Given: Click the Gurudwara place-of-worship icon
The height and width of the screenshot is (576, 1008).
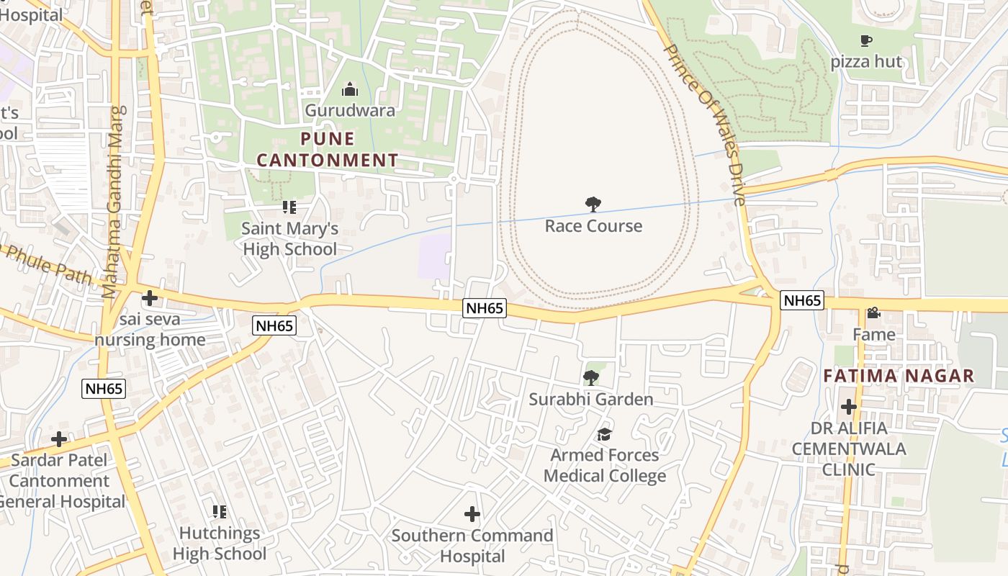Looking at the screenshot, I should pyautogui.click(x=350, y=89).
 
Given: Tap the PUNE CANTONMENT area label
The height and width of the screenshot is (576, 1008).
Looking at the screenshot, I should pyautogui.click(x=328, y=149).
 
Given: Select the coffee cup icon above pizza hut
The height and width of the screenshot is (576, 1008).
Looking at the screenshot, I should pyautogui.click(x=866, y=41).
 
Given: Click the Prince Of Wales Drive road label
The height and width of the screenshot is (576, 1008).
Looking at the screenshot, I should pyautogui.click(x=705, y=125).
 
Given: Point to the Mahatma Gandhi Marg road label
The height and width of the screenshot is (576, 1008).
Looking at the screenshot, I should pyautogui.click(x=113, y=202).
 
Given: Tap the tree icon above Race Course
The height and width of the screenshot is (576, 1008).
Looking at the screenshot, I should pyautogui.click(x=593, y=204).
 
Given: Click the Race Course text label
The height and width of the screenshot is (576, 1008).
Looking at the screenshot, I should pyautogui.click(x=593, y=226).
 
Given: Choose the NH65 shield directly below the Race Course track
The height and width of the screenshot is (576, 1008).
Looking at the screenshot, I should pyautogui.click(x=485, y=308).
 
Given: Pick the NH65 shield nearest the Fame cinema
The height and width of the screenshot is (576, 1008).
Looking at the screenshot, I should pyautogui.click(x=802, y=301).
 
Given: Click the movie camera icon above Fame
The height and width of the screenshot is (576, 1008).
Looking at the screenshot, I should pyautogui.click(x=873, y=313).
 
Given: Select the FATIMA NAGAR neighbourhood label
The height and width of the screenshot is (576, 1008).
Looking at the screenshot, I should pyautogui.click(x=899, y=376).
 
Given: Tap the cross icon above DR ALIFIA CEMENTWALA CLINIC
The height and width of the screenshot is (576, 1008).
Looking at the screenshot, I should pyautogui.click(x=849, y=407).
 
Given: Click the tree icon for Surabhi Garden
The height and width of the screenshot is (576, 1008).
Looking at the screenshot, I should pyautogui.click(x=591, y=377).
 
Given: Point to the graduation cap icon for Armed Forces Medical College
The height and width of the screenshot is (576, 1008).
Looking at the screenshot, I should pyautogui.click(x=604, y=434).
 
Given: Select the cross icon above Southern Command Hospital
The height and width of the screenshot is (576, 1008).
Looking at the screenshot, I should pyautogui.click(x=472, y=514).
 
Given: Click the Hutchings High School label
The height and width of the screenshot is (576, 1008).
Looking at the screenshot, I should pyautogui.click(x=219, y=544).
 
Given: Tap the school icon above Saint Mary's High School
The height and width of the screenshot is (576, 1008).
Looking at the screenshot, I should pyautogui.click(x=289, y=208).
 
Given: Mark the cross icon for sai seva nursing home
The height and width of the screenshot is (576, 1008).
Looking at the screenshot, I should pyautogui.click(x=150, y=297).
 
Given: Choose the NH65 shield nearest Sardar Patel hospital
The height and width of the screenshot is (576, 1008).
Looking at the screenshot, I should pyautogui.click(x=104, y=389).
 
